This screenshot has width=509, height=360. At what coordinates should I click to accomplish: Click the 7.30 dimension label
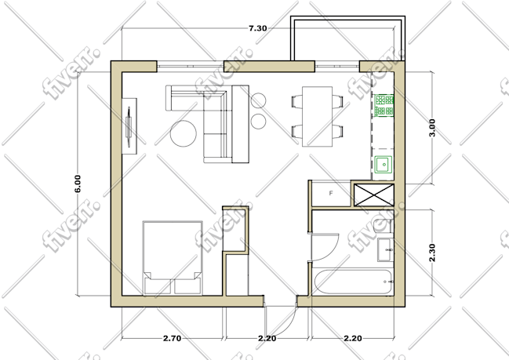point(258,28)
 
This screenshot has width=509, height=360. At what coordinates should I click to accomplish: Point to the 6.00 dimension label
point(78,184)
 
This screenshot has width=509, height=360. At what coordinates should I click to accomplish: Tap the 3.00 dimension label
point(432,128)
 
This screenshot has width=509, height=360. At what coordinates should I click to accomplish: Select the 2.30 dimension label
point(432,253)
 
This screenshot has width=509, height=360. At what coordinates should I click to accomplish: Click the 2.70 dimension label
point(172,339)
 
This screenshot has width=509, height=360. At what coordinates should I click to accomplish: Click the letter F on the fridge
point(331,193)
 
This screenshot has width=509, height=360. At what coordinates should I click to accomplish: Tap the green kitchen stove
point(384,106)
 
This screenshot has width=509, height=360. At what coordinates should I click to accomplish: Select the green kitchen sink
point(384,165)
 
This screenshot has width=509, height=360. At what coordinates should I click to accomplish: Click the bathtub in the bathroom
point(353,282)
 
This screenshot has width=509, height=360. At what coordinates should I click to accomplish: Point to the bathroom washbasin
point(386,249)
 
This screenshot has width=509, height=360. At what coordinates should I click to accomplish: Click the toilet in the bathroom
point(383,226)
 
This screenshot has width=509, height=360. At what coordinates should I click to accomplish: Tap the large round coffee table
point(184,133)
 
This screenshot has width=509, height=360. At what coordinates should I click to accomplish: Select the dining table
point(317,117)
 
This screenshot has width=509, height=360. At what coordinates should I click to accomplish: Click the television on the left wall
point(129,126)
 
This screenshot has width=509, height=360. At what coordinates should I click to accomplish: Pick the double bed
point(173,258)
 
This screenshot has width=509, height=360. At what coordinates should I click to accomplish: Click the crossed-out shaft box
point(373,195)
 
